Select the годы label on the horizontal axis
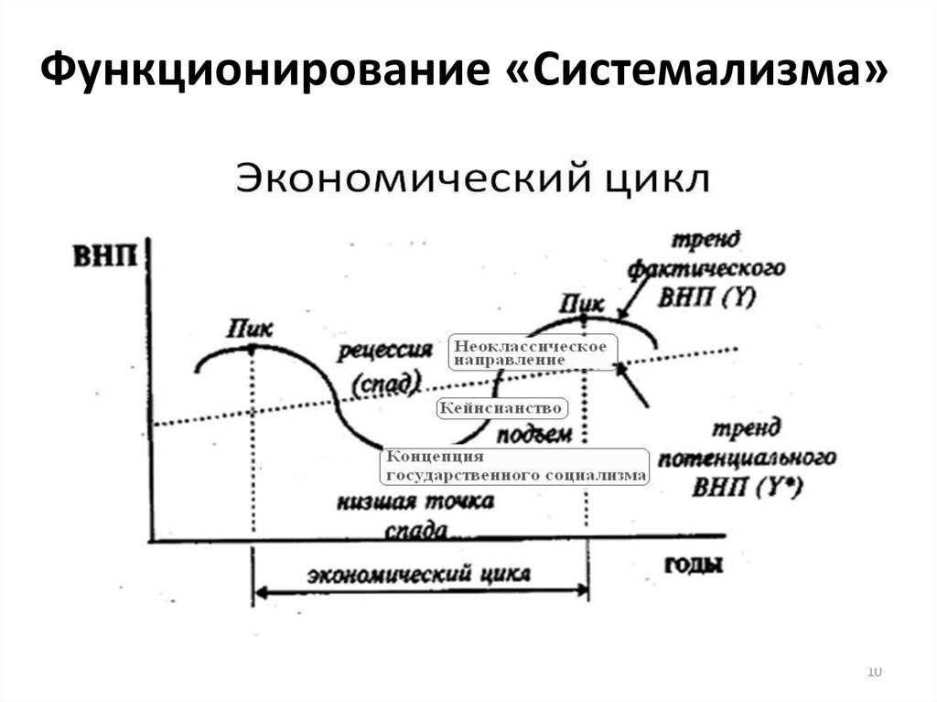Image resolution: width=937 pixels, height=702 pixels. pos(694,564)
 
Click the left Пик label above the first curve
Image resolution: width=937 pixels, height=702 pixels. pos(251,328)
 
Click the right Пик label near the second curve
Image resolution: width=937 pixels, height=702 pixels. pos(581,302)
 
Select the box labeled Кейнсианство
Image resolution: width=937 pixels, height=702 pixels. pos(501,407)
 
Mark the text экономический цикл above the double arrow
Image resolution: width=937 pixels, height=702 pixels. pos(418,574)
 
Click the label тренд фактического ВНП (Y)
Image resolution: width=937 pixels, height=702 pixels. pos(705,269)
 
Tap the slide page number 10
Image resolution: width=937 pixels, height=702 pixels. pos(873,673)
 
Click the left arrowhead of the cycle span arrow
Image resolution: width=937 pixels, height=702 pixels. pos(258,592)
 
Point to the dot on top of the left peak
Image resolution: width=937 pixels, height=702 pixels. pos(252,348)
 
